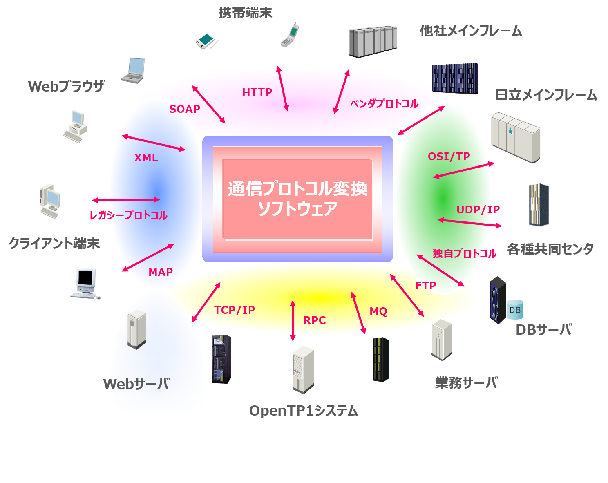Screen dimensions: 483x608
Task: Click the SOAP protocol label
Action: point(185,109)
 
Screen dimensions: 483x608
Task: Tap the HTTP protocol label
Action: point(257,92)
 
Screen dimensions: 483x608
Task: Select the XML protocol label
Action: point(146,158)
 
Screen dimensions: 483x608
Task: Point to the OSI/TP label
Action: point(449,157)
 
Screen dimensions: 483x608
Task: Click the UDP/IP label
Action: point(478,210)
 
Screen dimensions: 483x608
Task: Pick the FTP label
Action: point(425,286)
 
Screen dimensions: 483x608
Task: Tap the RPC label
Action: point(314,320)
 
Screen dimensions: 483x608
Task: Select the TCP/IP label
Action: point(234,310)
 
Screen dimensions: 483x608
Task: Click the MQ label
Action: point(378,311)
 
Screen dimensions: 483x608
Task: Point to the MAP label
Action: point(161,272)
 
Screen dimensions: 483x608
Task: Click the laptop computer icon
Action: point(133,70)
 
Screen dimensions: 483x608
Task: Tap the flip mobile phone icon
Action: point(290,35)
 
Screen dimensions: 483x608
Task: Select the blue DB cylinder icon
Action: point(515,310)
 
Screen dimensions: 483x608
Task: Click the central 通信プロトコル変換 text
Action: point(297,189)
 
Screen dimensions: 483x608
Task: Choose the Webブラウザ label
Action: point(66,87)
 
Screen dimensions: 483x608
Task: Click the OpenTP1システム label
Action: point(303,411)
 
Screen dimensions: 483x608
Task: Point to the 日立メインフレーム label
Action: point(546,95)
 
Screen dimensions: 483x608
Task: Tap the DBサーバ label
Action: point(543,329)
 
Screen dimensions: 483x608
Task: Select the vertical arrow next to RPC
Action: point(293,321)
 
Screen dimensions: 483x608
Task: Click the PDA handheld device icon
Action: point(207,40)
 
